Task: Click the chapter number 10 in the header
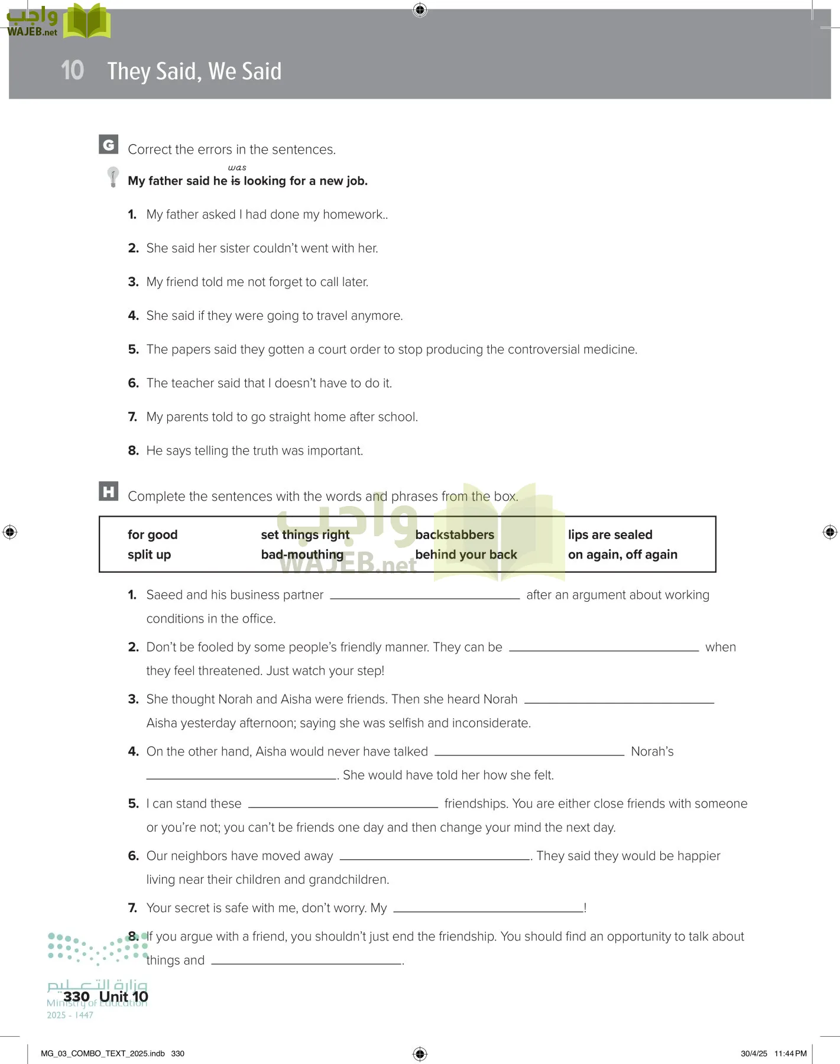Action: click(72, 70)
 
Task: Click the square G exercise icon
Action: click(108, 144)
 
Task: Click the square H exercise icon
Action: click(108, 491)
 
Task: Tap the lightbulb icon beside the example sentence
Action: click(112, 177)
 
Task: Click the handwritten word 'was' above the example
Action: click(237, 168)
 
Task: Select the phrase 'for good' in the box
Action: click(153, 534)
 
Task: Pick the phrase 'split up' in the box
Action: click(149, 554)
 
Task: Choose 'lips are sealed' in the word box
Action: click(610, 534)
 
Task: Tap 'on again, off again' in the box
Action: click(622, 554)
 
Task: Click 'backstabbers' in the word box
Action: click(455, 534)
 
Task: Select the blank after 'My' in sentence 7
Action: click(488, 910)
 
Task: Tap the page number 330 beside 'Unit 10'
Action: click(76, 997)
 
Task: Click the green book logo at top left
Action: click(87, 22)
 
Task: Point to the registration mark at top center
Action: click(420, 10)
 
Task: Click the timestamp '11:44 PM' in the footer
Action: click(790, 1053)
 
